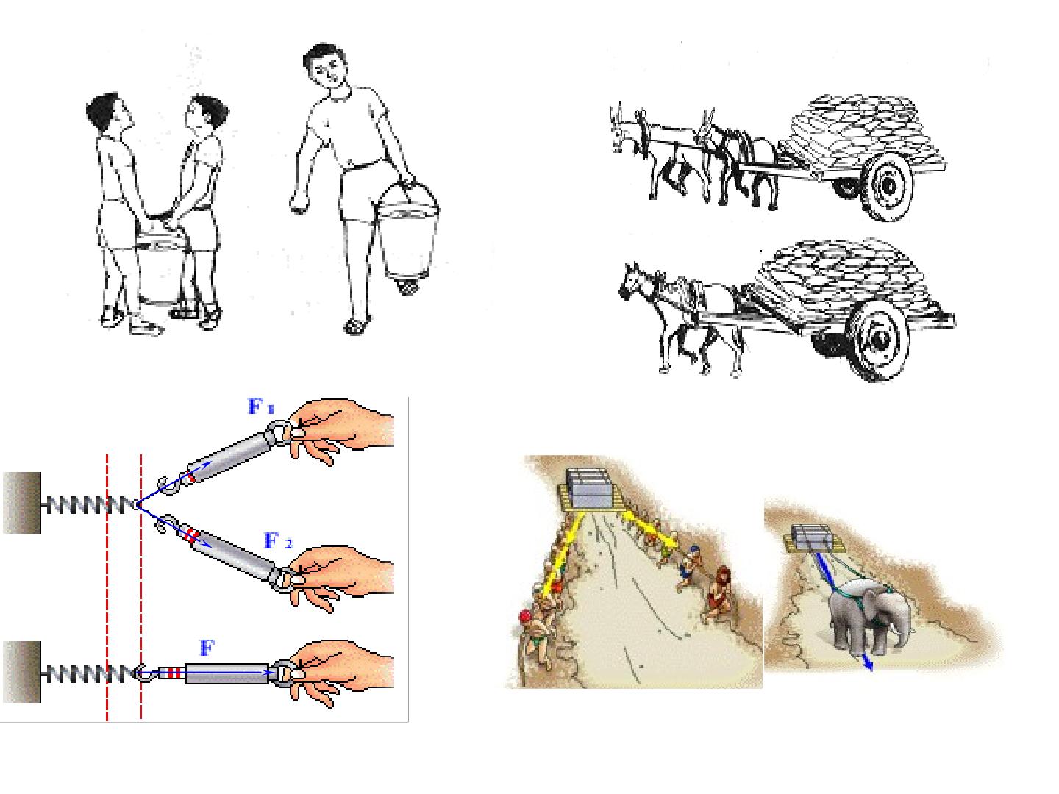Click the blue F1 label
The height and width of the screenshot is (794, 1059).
[x=261, y=406]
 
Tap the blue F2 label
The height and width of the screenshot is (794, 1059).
[x=279, y=541]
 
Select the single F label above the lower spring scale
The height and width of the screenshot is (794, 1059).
[x=207, y=648]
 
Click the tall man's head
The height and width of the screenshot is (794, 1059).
[x=326, y=67]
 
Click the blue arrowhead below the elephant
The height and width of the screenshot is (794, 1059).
[x=868, y=664]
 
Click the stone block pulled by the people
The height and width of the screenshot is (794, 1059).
[x=591, y=488]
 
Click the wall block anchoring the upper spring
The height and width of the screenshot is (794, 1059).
[x=22, y=503]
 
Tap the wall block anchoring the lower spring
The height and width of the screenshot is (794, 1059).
[x=22, y=671]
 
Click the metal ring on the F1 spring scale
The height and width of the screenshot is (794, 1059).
[x=280, y=431]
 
